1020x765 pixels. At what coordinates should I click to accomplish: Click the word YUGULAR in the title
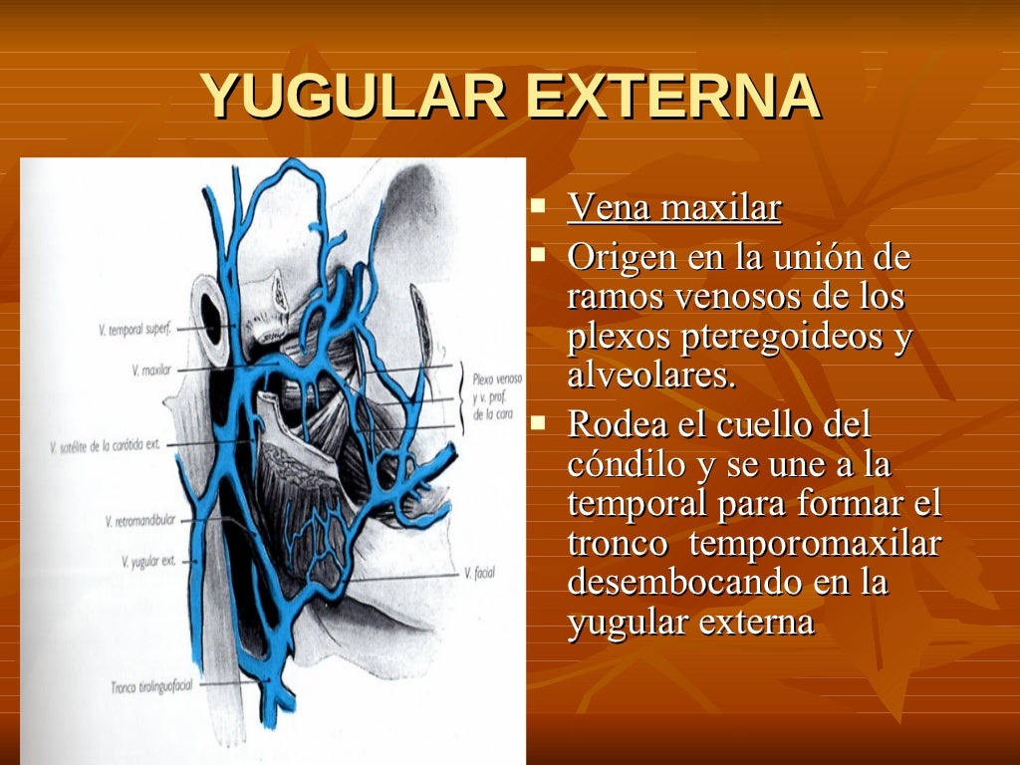click(x=355, y=98)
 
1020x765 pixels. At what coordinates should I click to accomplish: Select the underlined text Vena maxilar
click(x=674, y=208)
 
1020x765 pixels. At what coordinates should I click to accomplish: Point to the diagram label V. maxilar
click(x=151, y=371)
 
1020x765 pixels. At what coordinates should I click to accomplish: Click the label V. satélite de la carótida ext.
click(x=106, y=447)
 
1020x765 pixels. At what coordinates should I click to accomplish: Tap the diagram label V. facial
click(x=479, y=573)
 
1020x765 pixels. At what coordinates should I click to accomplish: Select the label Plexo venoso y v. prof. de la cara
click(x=497, y=395)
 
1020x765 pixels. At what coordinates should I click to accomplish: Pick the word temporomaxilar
click(x=815, y=544)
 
